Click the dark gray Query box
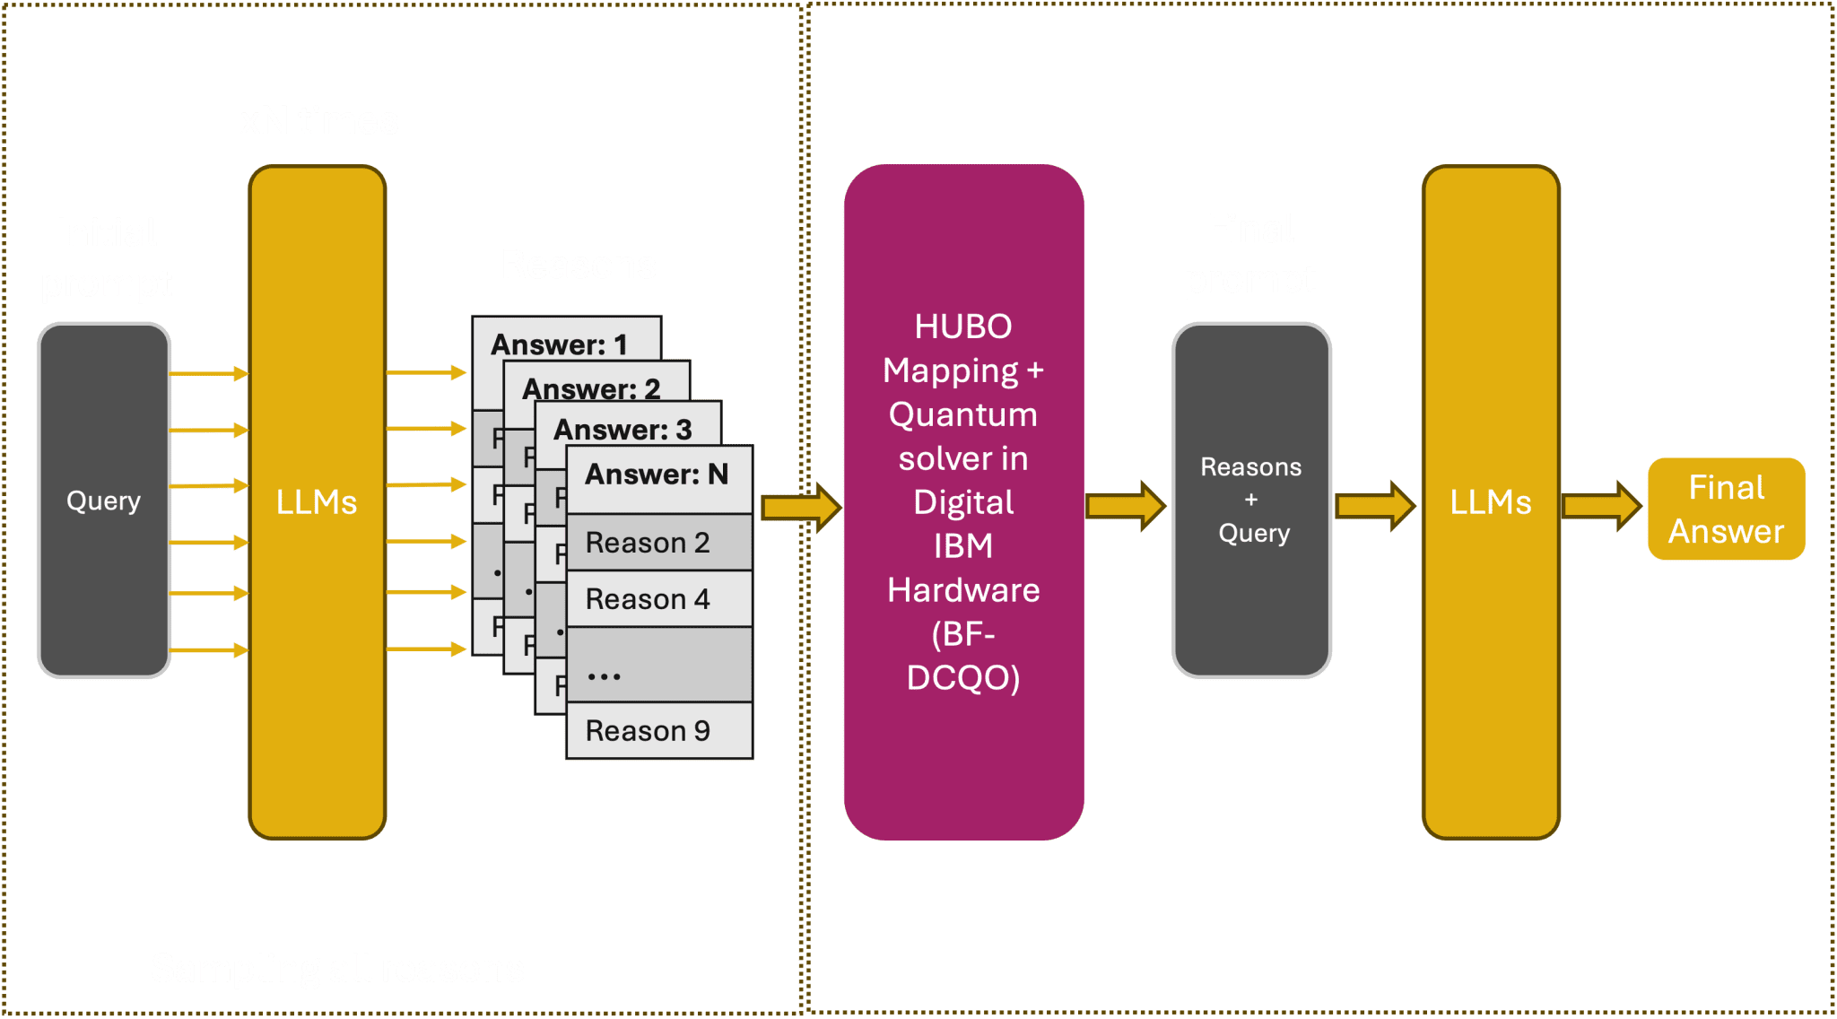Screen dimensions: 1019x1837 coord(104,500)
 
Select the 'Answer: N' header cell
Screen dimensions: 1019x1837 coord(657,475)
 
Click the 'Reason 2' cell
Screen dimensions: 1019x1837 coord(657,543)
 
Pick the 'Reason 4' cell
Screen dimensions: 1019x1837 coord(657,599)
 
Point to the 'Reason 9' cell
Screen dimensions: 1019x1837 coord(657,731)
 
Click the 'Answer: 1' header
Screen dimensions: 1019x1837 coord(560,344)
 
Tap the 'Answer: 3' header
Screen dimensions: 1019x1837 coord(622,429)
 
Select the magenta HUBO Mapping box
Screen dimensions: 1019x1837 coord(963,502)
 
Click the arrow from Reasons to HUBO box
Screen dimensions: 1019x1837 coord(800,507)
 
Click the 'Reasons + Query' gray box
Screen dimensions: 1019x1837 coord(1251,500)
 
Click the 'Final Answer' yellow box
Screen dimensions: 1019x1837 coord(1726,509)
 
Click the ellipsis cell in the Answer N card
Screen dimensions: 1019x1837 coord(657,666)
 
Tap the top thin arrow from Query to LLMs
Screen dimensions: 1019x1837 coord(208,373)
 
